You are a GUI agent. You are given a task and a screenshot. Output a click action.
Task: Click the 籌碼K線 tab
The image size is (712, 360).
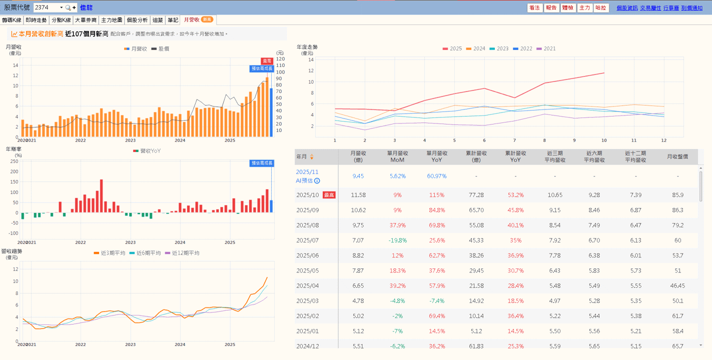click(12, 20)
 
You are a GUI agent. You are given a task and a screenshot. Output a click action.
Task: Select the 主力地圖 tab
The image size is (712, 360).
click(112, 20)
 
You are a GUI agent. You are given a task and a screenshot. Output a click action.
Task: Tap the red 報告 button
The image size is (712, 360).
click(551, 7)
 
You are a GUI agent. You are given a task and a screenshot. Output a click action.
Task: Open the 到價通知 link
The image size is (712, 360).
click(691, 7)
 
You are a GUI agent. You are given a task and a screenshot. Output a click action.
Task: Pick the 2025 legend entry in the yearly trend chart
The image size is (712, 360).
click(452, 48)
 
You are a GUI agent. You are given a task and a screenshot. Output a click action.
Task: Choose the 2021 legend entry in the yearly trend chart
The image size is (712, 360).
click(546, 48)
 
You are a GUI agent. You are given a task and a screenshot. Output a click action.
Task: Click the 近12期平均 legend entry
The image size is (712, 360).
click(183, 253)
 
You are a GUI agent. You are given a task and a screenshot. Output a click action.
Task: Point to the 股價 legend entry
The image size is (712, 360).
click(160, 48)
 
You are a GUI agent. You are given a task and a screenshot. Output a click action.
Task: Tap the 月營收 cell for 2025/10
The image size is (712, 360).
click(358, 195)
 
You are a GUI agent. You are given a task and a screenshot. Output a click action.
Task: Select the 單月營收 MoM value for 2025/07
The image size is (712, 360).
click(397, 240)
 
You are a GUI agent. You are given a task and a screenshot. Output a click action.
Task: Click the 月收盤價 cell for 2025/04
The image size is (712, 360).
click(677, 285)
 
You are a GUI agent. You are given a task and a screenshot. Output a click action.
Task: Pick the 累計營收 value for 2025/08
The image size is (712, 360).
click(476, 225)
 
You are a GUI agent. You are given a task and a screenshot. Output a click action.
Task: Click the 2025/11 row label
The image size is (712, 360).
click(307, 172)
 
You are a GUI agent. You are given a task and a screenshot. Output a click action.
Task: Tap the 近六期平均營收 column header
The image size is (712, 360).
click(594, 156)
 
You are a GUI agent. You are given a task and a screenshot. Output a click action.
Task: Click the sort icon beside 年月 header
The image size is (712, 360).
click(312, 156)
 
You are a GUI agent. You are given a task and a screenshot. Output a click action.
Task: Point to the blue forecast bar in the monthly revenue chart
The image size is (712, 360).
click(271, 112)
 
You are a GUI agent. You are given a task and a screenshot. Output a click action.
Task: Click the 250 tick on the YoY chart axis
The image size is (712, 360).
click(15, 161)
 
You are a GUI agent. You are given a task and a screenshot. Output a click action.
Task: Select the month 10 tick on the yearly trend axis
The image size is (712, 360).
click(604, 140)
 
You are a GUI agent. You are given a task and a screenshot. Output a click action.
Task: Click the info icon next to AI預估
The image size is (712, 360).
click(317, 181)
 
